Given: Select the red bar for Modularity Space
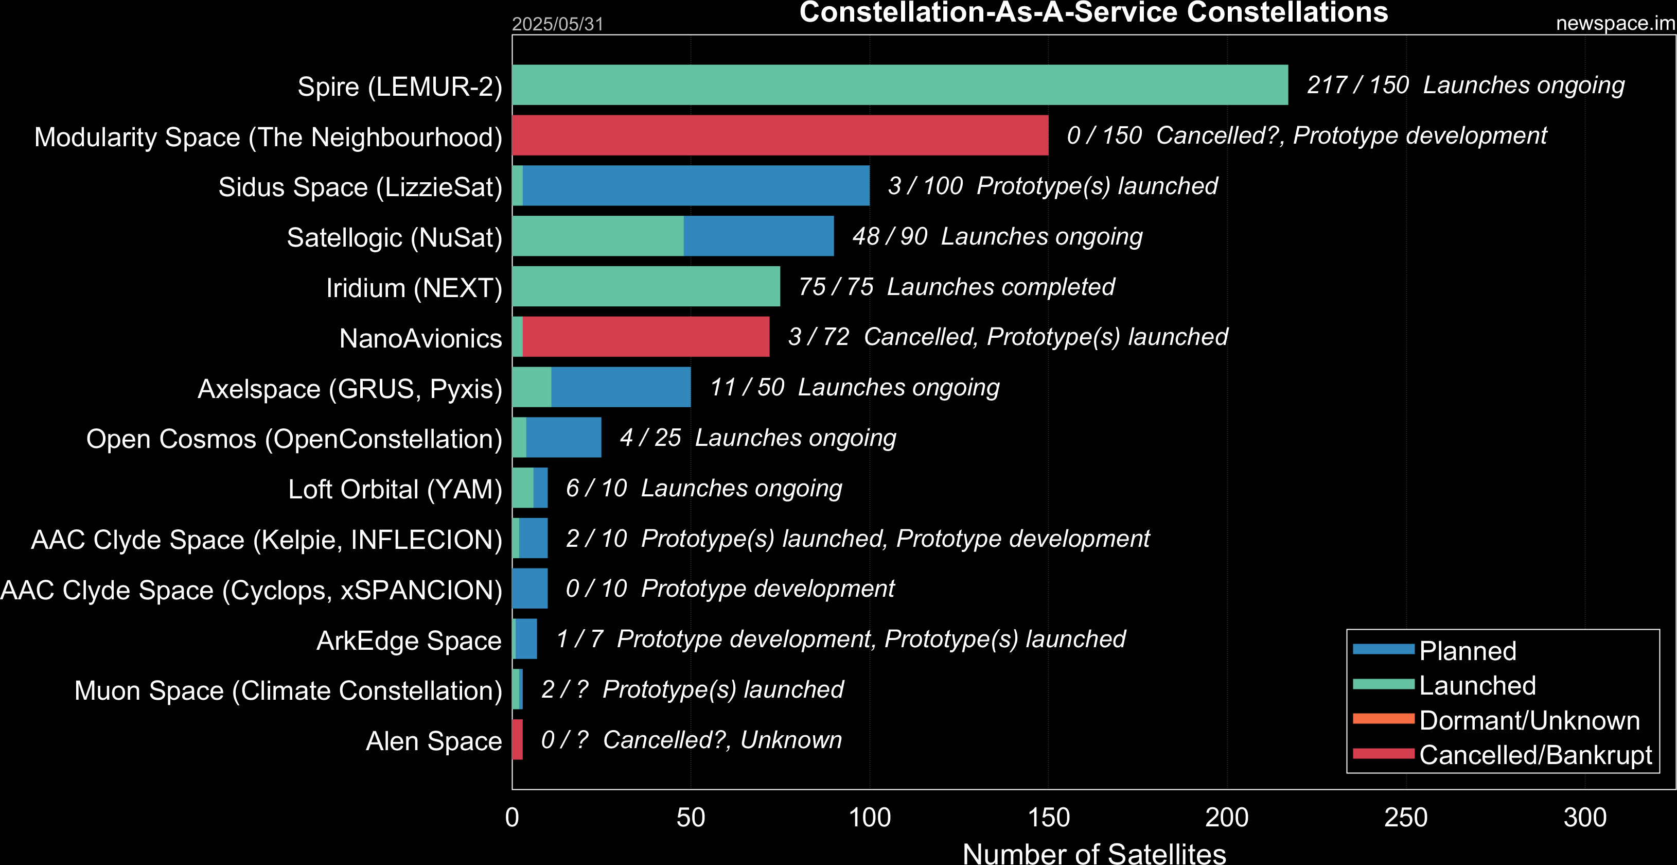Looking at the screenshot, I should pyautogui.click(x=780, y=135).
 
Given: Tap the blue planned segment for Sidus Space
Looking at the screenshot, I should pyautogui.click(x=696, y=186).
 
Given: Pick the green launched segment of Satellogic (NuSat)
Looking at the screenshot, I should pyautogui.click(x=597, y=236).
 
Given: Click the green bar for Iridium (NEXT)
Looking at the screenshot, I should pyautogui.click(x=646, y=286).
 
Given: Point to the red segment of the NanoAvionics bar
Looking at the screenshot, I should pyautogui.click(x=646, y=337).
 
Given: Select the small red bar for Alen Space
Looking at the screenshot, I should pyautogui.click(x=518, y=739).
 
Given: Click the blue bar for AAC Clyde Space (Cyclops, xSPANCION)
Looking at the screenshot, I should pyautogui.click(x=530, y=588).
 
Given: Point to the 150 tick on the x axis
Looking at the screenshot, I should pyautogui.click(x=1048, y=818).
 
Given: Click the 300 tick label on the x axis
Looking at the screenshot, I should pyautogui.click(x=1584, y=818).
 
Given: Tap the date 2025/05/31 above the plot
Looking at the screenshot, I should pyautogui.click(x=558, y=24).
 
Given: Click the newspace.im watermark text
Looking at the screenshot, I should pyautogui.click(x=1615, y=24).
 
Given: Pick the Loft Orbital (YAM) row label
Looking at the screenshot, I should pyautogui.click(x=395, y=489).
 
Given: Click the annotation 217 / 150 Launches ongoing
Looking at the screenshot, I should pyautogui.click(x=1466, y=85).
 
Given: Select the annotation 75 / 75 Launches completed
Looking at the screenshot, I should pyautogui.click(x=956, y=287).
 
